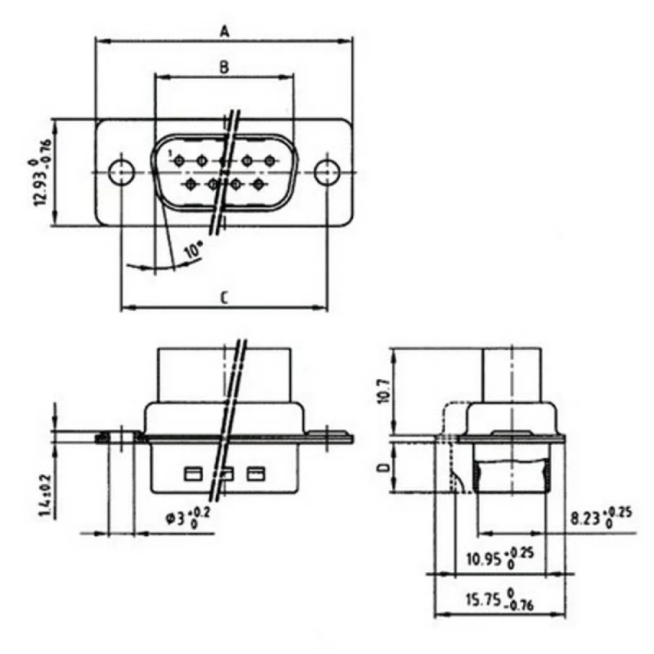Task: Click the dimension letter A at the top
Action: point(225,31)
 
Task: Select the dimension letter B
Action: point(224,67)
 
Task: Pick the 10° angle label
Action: point(193,250)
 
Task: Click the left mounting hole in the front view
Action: point(121,172)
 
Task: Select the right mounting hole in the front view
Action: point(327,172)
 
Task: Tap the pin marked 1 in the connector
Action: point(179,161)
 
